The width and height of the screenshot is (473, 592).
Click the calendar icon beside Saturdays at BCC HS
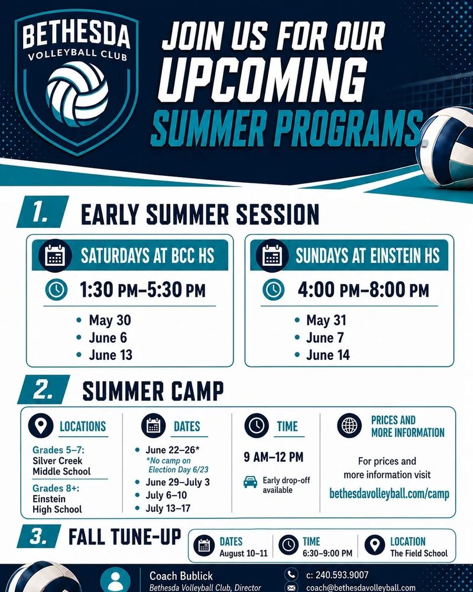tap(55, 256)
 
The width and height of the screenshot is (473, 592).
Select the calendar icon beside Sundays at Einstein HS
tap(273, 256)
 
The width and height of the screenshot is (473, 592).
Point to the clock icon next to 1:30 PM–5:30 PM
tap(57, 290)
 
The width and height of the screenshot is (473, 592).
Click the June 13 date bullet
tap(105, 355)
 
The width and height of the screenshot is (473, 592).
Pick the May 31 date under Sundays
tap(321, 320)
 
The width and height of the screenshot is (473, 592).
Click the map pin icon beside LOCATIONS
tap(41, 426)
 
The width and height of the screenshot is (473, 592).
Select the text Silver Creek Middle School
tap(61, 466)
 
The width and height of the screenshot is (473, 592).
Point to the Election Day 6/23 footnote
tap(177, 465)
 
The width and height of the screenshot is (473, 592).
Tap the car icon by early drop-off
tap(251, 482)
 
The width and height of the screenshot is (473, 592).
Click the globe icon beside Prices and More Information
tap(349, 426)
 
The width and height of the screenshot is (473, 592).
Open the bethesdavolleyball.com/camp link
tap(389, 494)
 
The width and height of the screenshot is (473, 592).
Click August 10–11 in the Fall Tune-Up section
tap(244, 554)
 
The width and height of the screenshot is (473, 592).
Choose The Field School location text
tap(419, 554)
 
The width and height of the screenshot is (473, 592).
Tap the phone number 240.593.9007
tap(337, 575)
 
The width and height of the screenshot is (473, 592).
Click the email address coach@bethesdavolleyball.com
tap(360, 588)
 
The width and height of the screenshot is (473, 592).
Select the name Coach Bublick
tap(181, 576)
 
